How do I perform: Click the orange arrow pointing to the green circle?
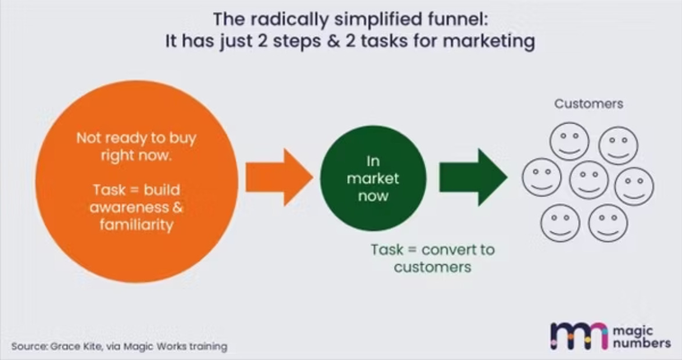278,177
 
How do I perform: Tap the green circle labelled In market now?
373,178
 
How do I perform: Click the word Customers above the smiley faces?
588,104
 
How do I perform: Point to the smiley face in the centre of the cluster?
588,179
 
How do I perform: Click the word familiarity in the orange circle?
137,225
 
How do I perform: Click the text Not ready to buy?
137,139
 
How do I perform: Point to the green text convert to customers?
433,259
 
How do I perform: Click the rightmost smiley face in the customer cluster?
634,186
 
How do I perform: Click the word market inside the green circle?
373,178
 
